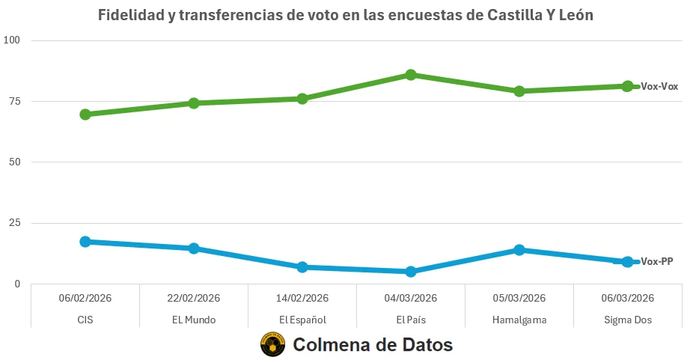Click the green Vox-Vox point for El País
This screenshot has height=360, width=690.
click(411, 75)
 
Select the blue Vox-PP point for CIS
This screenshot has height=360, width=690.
click(85, 242)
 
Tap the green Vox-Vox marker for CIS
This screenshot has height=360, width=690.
click(85, 115)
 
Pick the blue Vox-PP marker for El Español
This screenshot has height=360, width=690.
click(302, 267)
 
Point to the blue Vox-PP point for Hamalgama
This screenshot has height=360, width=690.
click(519, 250)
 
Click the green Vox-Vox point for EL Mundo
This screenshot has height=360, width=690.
click(194, 103)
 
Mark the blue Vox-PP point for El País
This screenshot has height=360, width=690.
click(411, 272)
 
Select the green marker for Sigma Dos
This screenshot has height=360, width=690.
click(627, 86)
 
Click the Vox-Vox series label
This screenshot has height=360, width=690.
click(659, 87)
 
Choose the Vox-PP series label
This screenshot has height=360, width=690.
click(657, 262)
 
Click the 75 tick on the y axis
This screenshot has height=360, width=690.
click(14, 101)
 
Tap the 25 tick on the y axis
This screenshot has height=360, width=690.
click(14, 223)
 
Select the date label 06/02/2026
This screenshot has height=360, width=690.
click(85, 298)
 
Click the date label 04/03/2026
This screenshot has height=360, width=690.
click(411, 298)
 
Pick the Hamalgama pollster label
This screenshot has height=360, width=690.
click(519, 320)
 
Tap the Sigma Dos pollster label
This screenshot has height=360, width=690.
click(628, 320)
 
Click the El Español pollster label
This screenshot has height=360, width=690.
click(302, 320)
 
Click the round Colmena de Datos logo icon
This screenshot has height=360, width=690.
click(272, 345)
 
